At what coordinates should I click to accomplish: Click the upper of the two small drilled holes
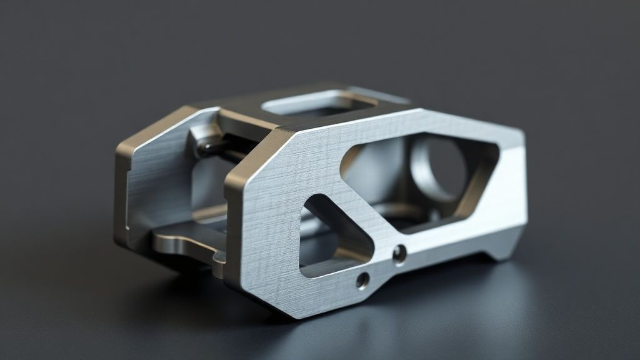pyautogui.click(x=399, y=253)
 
